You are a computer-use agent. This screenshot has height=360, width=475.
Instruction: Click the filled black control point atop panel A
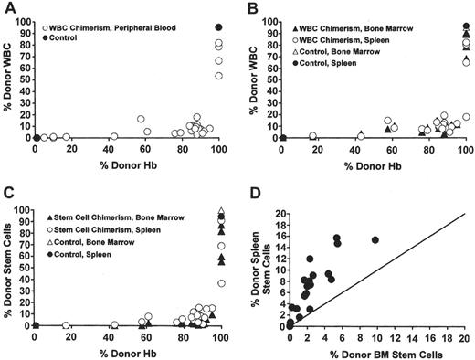coord(218,26)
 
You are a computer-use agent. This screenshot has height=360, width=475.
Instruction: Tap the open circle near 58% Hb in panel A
coord(141,119)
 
